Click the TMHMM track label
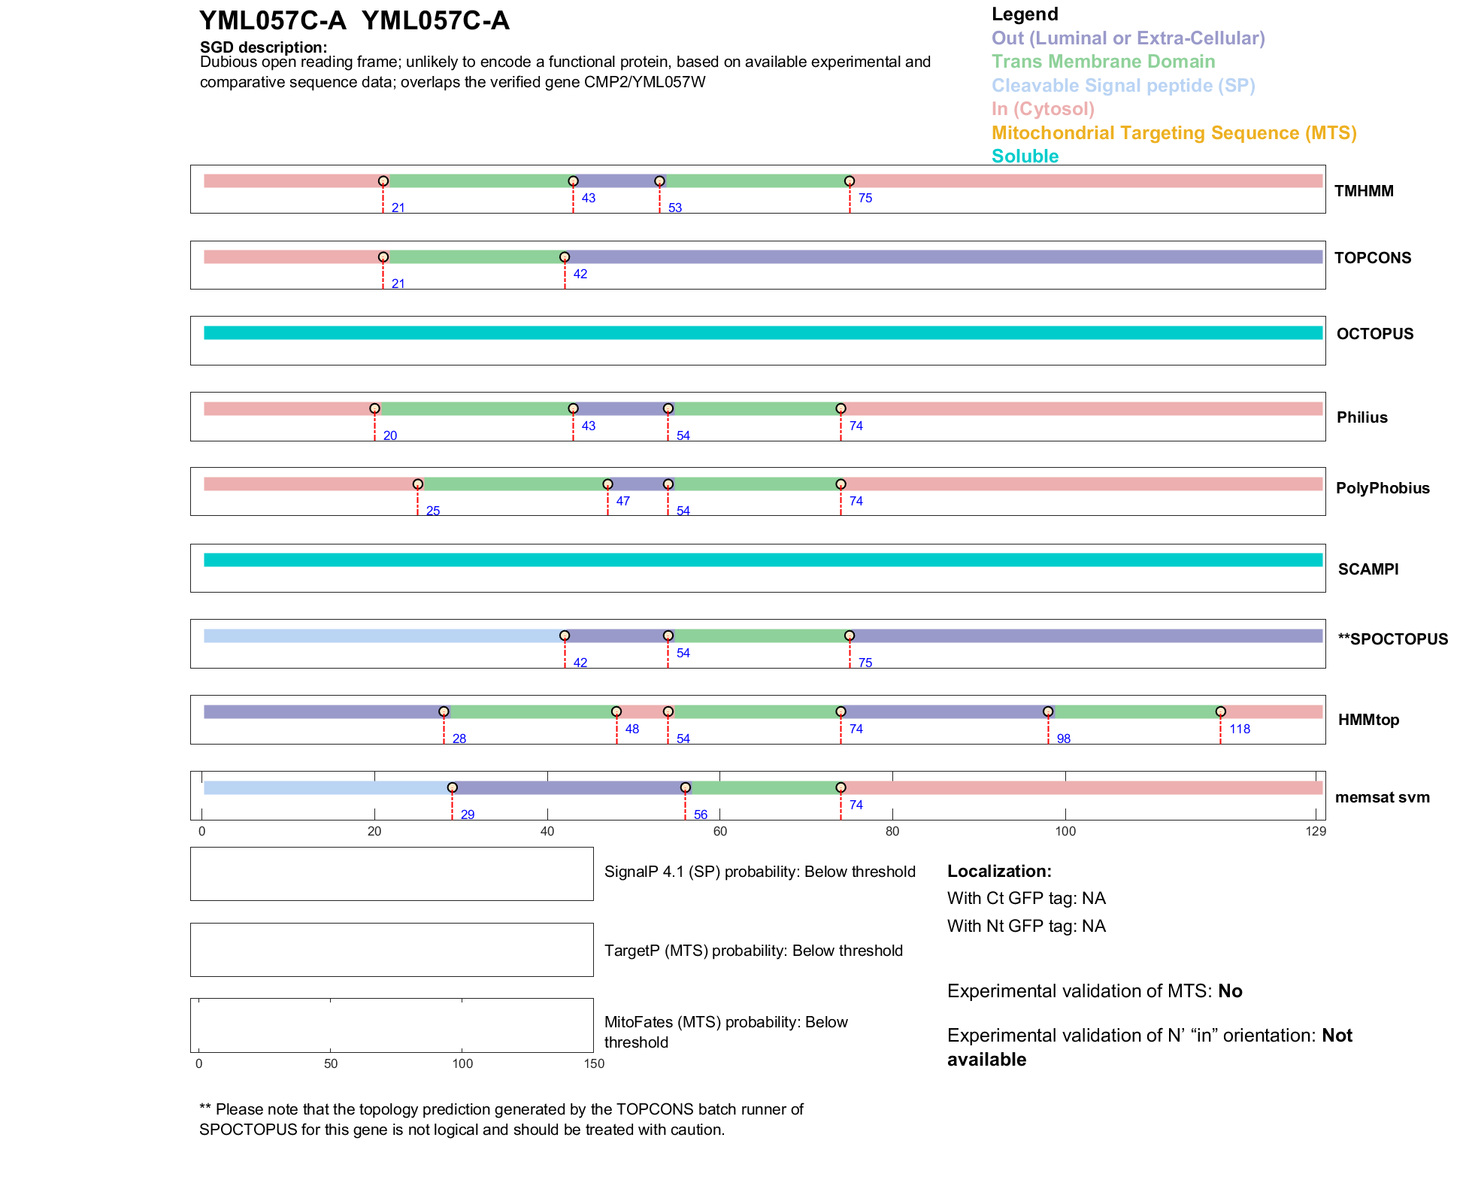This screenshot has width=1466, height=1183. pos(1363,191)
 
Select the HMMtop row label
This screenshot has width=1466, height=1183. pos(1368,720)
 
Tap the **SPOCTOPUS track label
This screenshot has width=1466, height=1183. pos(1392,639)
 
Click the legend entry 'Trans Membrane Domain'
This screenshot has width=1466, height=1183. pos(1103,62)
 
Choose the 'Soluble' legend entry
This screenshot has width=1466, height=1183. pos(1025,156)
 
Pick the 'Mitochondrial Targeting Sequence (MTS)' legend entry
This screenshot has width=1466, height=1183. pos(1174,133)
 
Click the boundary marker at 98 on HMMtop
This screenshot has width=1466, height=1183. pos(1048,711)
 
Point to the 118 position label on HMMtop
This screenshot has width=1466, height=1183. pos(1240,729)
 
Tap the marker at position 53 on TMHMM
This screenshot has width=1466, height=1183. pos(659,181)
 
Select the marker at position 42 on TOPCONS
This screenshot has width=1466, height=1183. pos(565,257)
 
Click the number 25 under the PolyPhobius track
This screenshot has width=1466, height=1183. pos(433,511)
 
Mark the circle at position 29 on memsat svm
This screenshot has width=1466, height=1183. pos(452,787)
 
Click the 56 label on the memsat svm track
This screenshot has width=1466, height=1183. pos(701,814)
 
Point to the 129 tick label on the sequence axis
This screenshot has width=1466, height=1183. pos(1316,831)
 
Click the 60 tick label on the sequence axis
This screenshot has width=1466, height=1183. pos(719,831)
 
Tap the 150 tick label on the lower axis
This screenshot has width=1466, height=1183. pos(594,1063)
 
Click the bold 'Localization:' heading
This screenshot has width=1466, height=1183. pos(999,871)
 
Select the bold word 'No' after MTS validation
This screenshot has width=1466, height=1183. pos(1230,991)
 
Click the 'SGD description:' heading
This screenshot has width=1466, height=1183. pos(263,47)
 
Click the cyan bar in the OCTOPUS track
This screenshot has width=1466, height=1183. pos(762,333)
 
